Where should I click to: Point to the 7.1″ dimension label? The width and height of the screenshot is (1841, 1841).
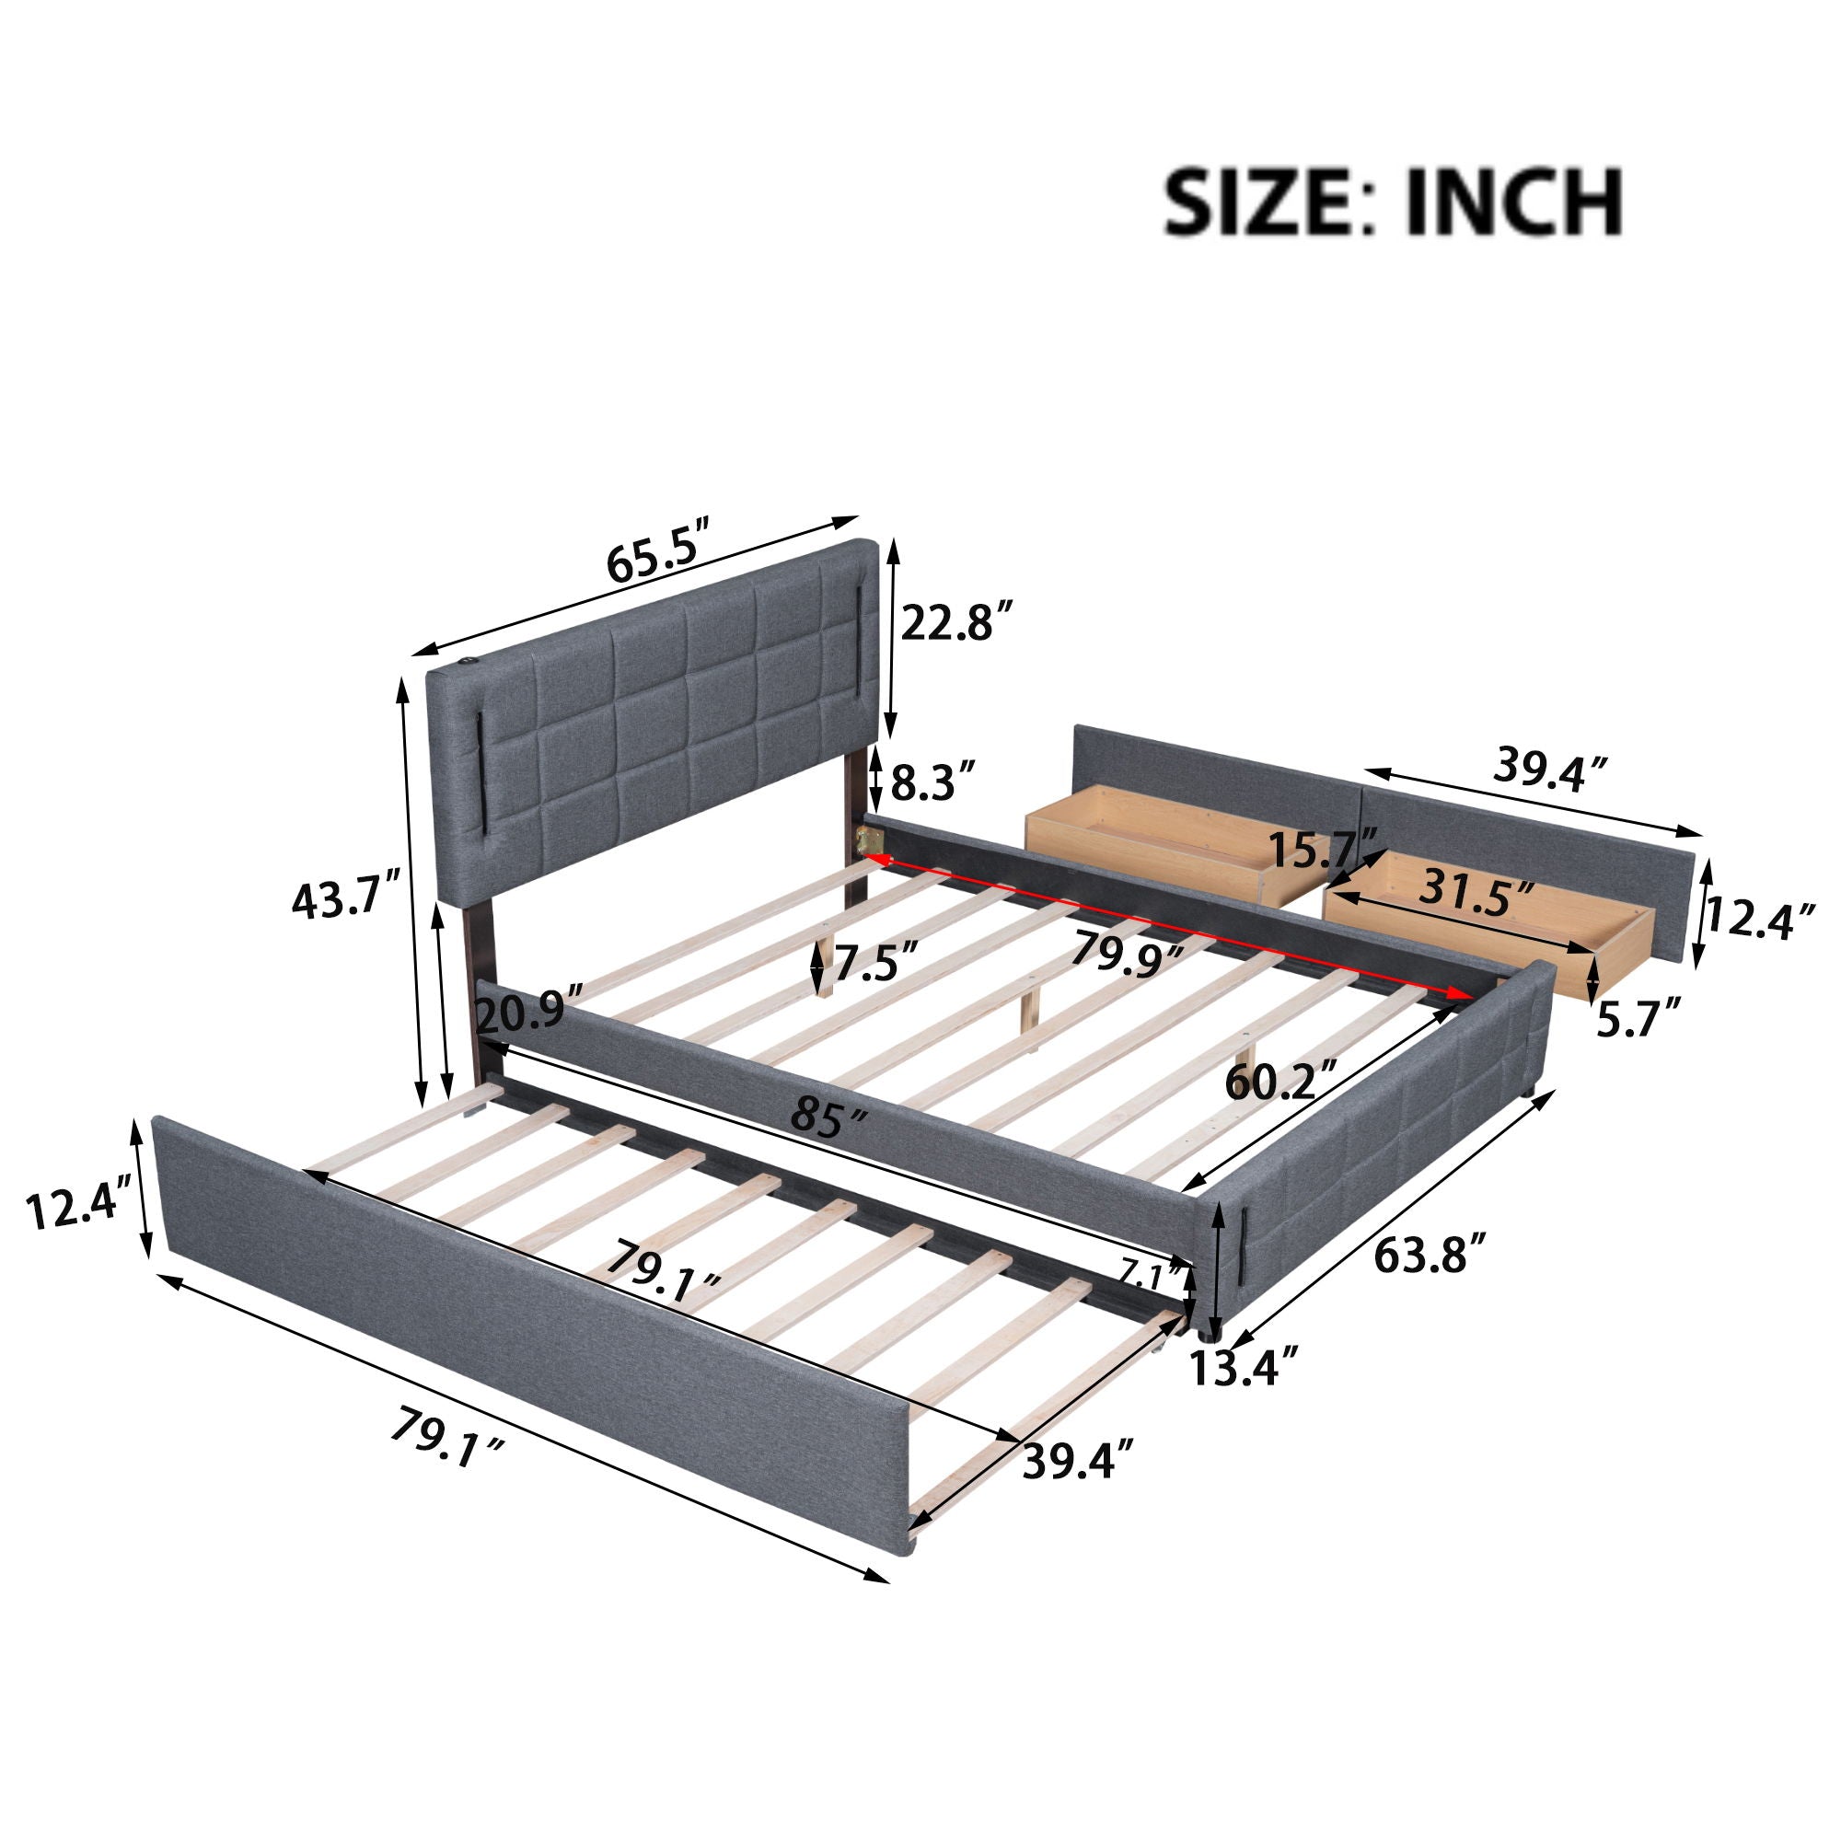pyautogui.click(x=1152, y=1273)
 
